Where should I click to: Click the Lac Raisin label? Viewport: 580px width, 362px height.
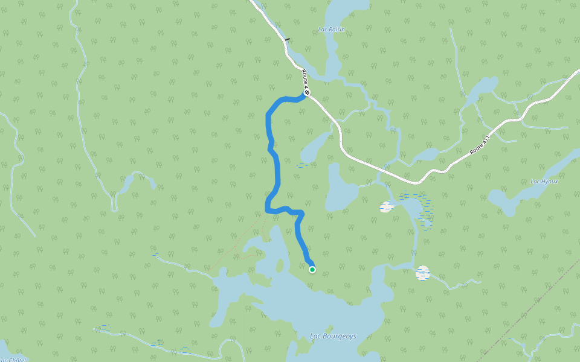331,29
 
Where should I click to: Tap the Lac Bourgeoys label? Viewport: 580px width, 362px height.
333,336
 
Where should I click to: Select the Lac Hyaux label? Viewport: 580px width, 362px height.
544,181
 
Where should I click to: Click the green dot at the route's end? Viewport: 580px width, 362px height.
312,270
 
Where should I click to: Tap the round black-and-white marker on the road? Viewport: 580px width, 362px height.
307,93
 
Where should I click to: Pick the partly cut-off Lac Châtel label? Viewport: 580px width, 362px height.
12,360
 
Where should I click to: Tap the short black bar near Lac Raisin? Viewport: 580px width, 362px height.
287,40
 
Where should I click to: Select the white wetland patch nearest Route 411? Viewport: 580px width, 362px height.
386,207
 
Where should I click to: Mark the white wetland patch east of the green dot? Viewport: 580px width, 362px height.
422,273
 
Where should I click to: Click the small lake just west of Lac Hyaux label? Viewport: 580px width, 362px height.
504,200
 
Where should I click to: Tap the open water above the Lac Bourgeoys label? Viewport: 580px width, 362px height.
338,311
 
